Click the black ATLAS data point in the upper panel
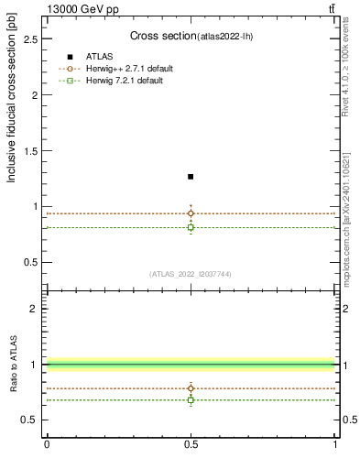[x=191, y=176]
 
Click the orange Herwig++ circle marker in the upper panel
[x=191, y=213]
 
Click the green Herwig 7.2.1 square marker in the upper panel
[x=191, y=227]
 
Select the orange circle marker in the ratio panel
[x=191, y=388]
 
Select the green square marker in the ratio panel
[x=191, y=400]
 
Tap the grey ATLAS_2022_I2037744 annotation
[x=191, y=274]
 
